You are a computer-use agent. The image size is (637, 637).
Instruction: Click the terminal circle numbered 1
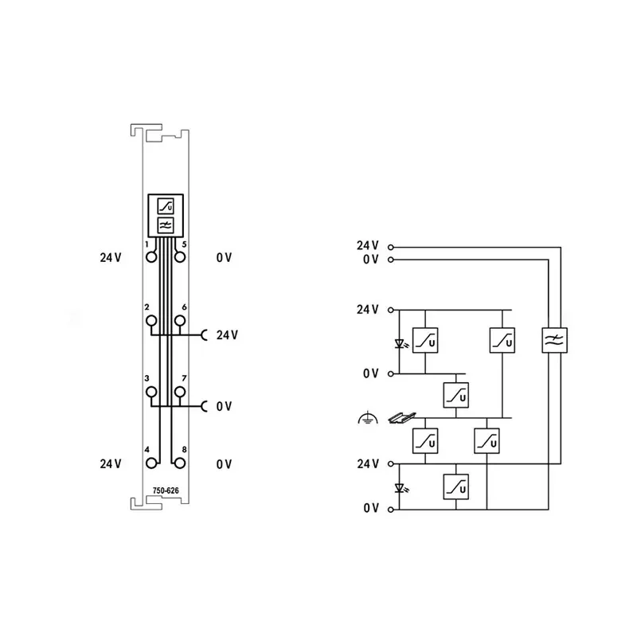[151, 257]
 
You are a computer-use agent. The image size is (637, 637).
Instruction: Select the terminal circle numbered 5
[180, 257]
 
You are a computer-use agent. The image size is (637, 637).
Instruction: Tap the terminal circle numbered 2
[151, 321]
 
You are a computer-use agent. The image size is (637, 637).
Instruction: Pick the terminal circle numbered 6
[180, 321]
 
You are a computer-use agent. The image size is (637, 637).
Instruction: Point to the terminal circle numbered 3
[151, 392]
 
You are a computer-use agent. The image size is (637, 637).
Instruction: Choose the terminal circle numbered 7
[180, 392]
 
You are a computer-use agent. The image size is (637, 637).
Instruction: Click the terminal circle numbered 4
[151, 463]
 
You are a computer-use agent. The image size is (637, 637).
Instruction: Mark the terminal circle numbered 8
[180, 463]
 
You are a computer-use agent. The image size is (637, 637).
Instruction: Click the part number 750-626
[166, 490]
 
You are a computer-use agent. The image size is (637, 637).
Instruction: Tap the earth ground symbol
[368, 417]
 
